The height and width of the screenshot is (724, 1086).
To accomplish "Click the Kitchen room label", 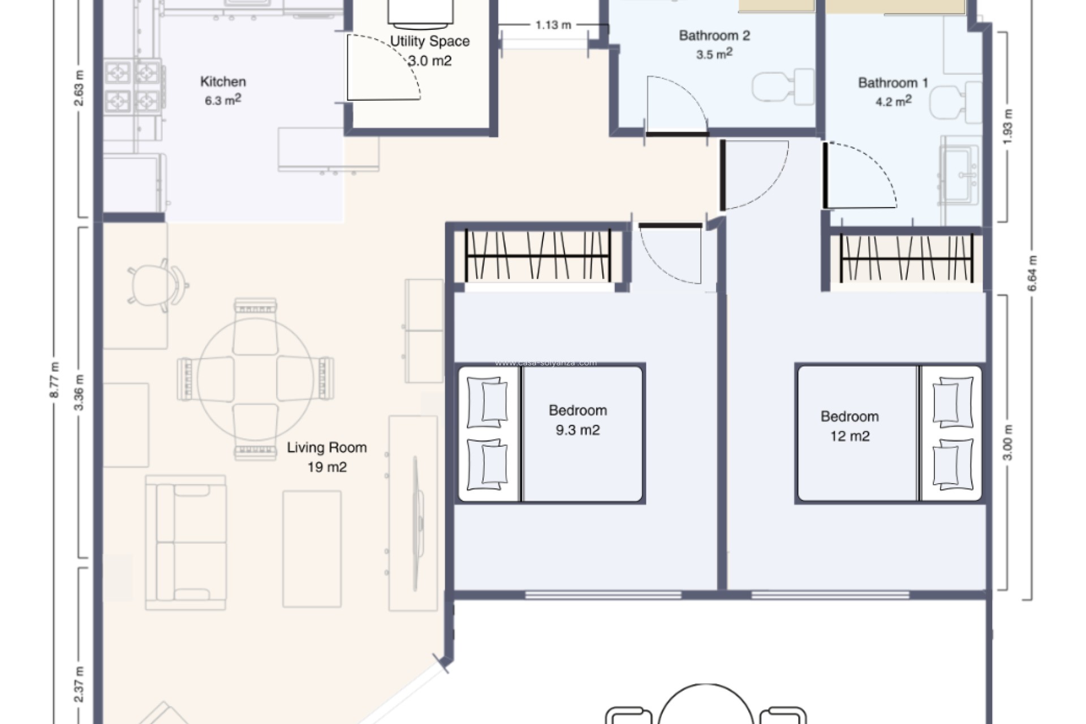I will click(x=223, y=81).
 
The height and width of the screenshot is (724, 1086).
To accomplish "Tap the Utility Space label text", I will click(x=429, y=41).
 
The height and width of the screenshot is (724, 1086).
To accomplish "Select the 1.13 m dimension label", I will click(x=553, y=25).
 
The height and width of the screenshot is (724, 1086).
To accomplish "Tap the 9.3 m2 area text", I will click(x=578, y=430).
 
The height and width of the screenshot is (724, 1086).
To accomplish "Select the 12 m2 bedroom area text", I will click(x=850, y=436).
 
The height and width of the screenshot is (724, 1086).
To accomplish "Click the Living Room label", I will click(x=326, y=447).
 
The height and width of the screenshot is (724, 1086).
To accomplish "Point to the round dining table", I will click(x=256, y=378).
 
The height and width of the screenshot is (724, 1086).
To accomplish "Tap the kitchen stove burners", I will click(x=132, y=87).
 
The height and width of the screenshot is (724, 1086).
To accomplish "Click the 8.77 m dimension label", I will click(x=54, y=380).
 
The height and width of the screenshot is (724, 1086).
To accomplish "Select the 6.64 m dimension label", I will click(x=1032, y=273).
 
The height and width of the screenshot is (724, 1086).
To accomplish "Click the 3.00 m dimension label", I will click(x=1007, y=442).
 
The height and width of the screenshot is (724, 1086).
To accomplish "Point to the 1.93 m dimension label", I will click(x=1007, y=127).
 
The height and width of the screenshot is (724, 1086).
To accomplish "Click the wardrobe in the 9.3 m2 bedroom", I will click(x=538, y=256).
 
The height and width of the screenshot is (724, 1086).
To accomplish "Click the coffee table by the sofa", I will click(x=312, y=549).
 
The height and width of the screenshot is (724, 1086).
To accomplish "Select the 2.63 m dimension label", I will click(x=79, y=88).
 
